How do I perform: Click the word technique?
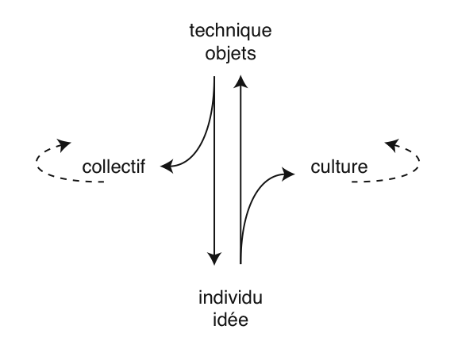(x=230, y=31)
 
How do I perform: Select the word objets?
(x=230, y=53)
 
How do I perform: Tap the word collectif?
(x=113, y=167)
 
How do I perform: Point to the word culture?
(x=339, y=167)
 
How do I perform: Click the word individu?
(x=230, y=297)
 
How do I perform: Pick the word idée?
(x=230, y=320)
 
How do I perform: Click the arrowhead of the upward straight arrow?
(x=240, y=82)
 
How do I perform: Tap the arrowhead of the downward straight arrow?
(x=214, y=259)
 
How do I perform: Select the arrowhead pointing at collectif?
(x=167, y=167)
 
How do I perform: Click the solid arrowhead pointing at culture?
(x=288, y=174)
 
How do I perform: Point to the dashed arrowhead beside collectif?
(x=64, y=145)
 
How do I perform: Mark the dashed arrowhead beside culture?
(x=392, y=145)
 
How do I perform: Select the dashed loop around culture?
(x=419, y=160)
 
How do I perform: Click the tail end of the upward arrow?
(x=240, y=263)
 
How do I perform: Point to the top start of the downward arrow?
(x=214, y=76)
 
